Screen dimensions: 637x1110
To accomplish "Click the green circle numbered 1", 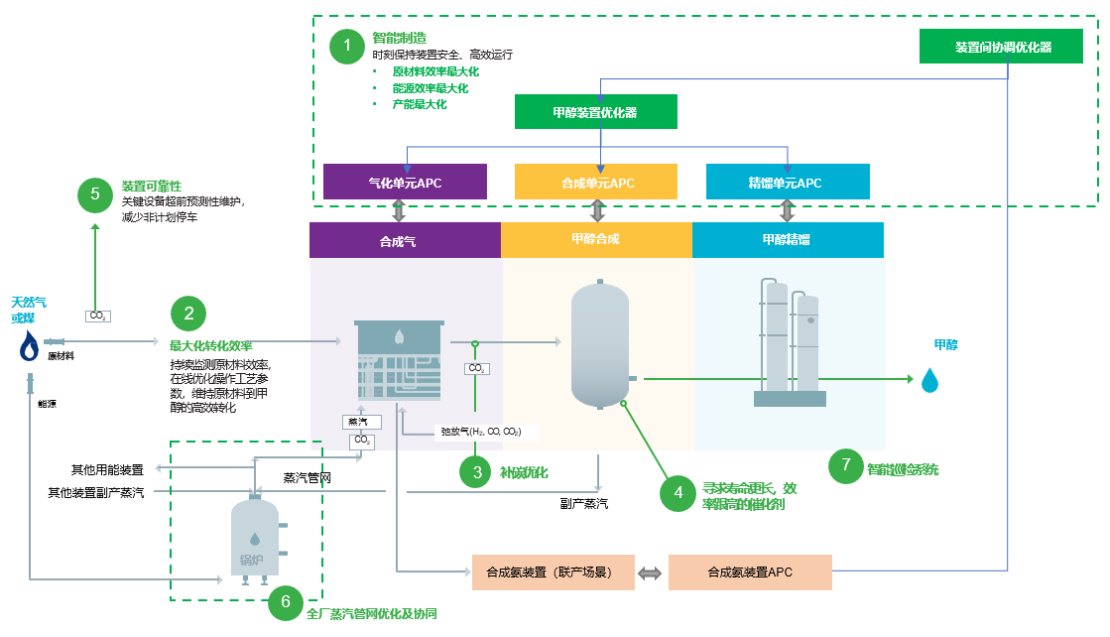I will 347,46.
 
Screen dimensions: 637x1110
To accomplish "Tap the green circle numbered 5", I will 95,193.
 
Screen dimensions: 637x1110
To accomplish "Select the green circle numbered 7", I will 845,464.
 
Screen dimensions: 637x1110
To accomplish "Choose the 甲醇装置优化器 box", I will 595,112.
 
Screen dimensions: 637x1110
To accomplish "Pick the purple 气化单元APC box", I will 405,183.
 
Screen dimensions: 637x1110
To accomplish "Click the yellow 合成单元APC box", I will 596,183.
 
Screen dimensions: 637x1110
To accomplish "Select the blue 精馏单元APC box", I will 788,183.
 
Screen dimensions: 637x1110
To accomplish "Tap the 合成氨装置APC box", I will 750,573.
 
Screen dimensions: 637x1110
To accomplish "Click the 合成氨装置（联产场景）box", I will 553,573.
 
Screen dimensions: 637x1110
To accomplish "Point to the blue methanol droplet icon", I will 929,380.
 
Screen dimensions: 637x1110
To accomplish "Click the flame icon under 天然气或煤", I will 31,346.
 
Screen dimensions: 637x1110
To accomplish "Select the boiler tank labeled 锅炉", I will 254,539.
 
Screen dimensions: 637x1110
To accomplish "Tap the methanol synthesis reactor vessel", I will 599,344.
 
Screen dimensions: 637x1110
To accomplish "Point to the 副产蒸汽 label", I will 584,504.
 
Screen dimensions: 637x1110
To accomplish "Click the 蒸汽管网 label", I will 307,478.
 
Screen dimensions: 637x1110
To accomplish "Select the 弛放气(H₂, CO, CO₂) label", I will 480,432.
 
